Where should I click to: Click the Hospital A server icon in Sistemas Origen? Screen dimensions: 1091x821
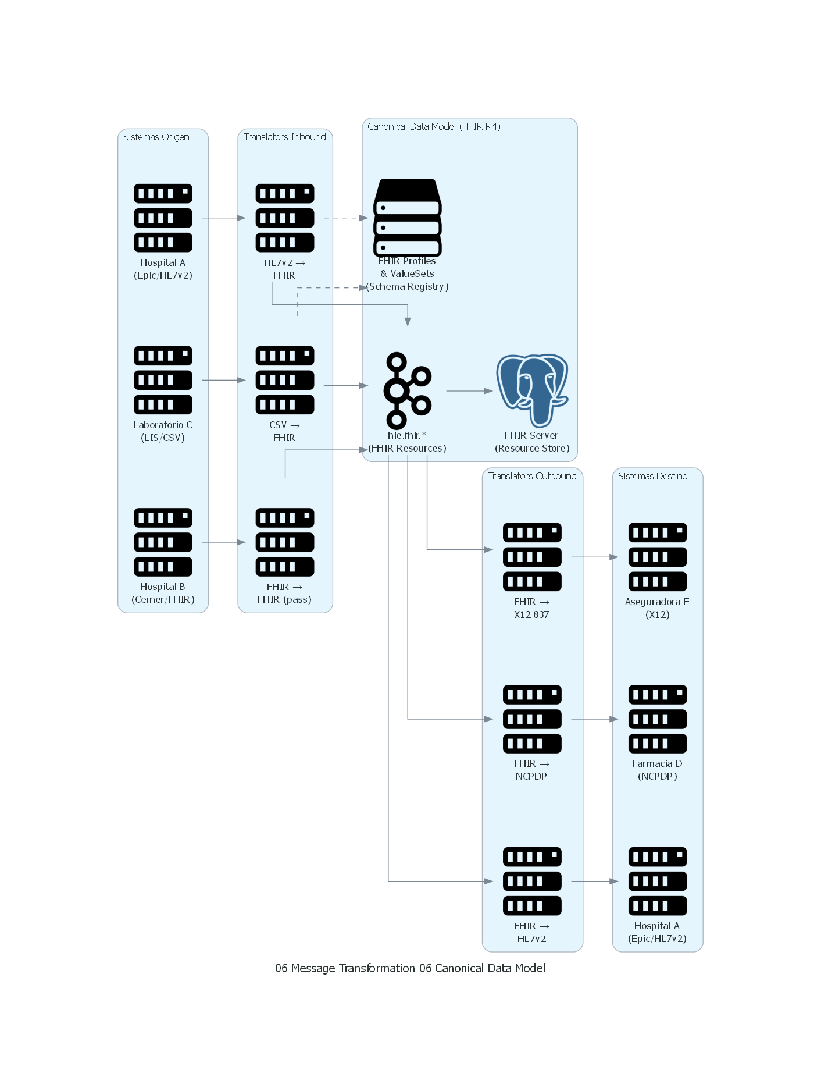(x=163, y=218)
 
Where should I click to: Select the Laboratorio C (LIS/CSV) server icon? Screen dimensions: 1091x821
(x=163, y=380)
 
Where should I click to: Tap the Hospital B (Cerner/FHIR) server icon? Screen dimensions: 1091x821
(x=163, y=542)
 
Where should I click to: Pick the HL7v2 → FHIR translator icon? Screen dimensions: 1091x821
(x=285, y=218)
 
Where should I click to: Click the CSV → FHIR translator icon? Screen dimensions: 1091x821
(x=285, y=380)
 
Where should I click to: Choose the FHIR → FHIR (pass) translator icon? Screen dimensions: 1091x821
(x=285, y=542)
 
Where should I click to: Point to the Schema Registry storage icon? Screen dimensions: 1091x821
(x=408, y=218)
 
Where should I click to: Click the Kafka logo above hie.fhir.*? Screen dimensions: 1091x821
(x=408, y=390)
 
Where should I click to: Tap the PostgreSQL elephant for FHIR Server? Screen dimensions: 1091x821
(x=532, y=390)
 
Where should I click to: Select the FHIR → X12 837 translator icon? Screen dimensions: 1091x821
(x=532, y=557)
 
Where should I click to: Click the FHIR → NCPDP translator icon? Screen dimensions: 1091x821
(x=532, y=719)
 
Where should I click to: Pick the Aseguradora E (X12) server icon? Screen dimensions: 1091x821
(x=658, y=557)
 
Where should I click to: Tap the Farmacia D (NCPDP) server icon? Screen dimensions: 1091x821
(x=658, y=719)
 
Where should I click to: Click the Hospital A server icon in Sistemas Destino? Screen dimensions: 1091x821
(x=658, y=881)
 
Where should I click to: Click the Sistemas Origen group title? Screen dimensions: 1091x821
(x=156, y=137)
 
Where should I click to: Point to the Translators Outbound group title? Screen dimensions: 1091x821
(x=532, y=477)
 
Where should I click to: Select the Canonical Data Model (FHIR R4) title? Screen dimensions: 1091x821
(x=434, y=127)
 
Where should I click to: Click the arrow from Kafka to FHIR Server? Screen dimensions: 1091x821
(x=469, y=391)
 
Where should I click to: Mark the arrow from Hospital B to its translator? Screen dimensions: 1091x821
(x=223, y=542)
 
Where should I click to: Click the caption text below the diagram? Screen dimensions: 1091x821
(x=410, y=968)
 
